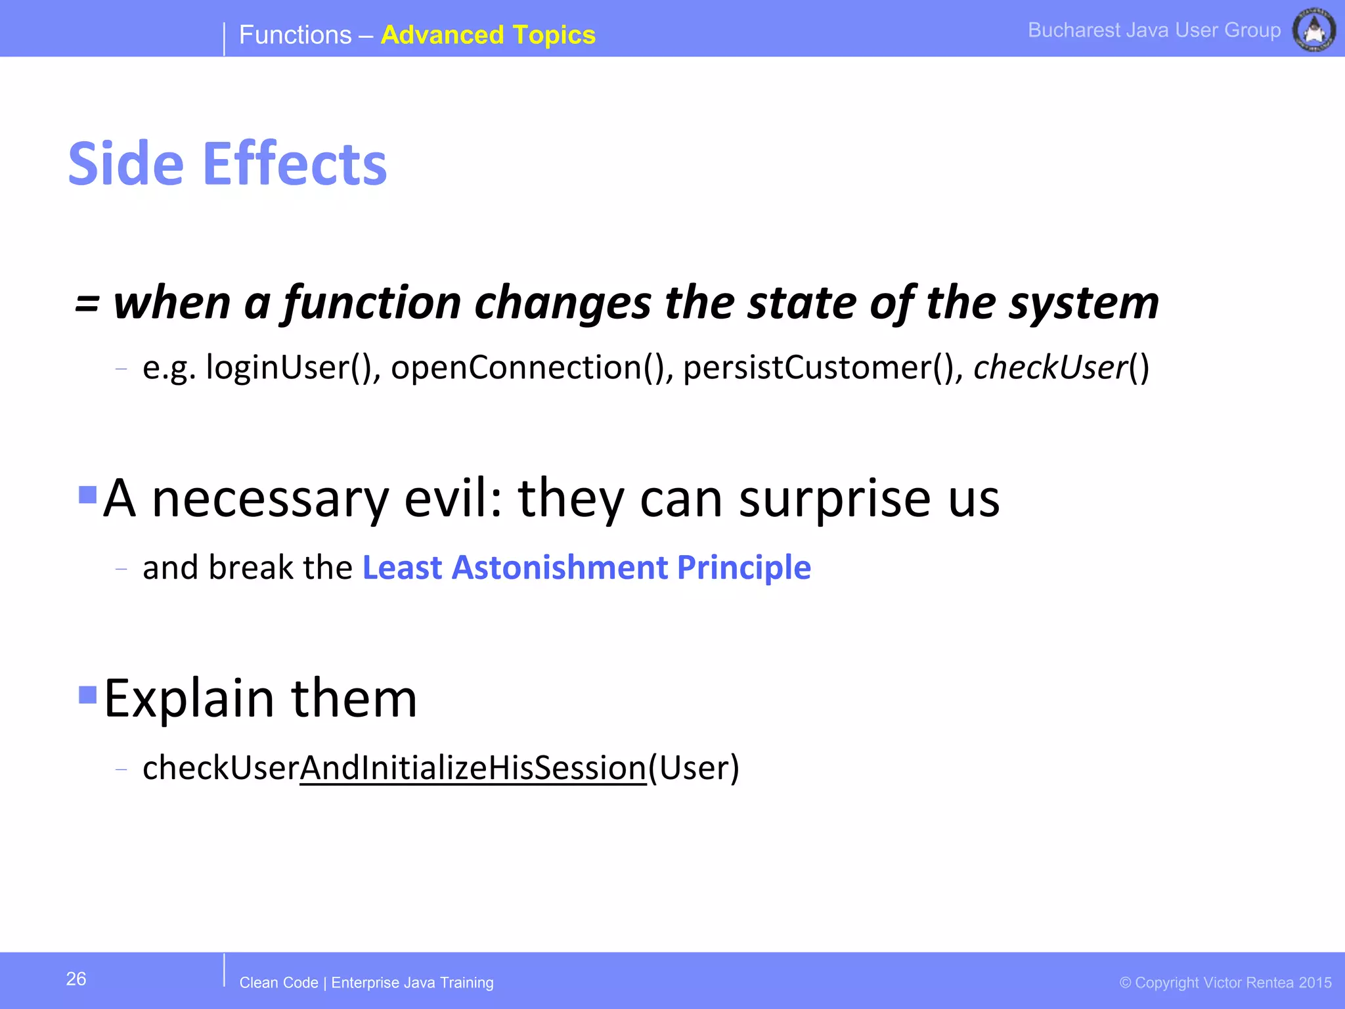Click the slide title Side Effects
click(227, 164)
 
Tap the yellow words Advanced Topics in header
click(487, 35)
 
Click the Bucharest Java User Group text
click(1154, 30)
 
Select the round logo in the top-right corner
click(1313, 30)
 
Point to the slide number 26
click(76, 979)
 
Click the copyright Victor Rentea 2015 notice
click(1225, 983)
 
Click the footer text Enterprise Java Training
click(412, 983)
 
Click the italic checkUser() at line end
click(1061, 367)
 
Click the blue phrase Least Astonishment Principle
click(586, 568)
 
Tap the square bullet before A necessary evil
click(87, 494)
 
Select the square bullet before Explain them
click(87, 694)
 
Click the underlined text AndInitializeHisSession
click(473, 767)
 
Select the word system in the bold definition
click(1084, 303)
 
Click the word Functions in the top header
click(295, 35)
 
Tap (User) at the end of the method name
click(694, 767)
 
